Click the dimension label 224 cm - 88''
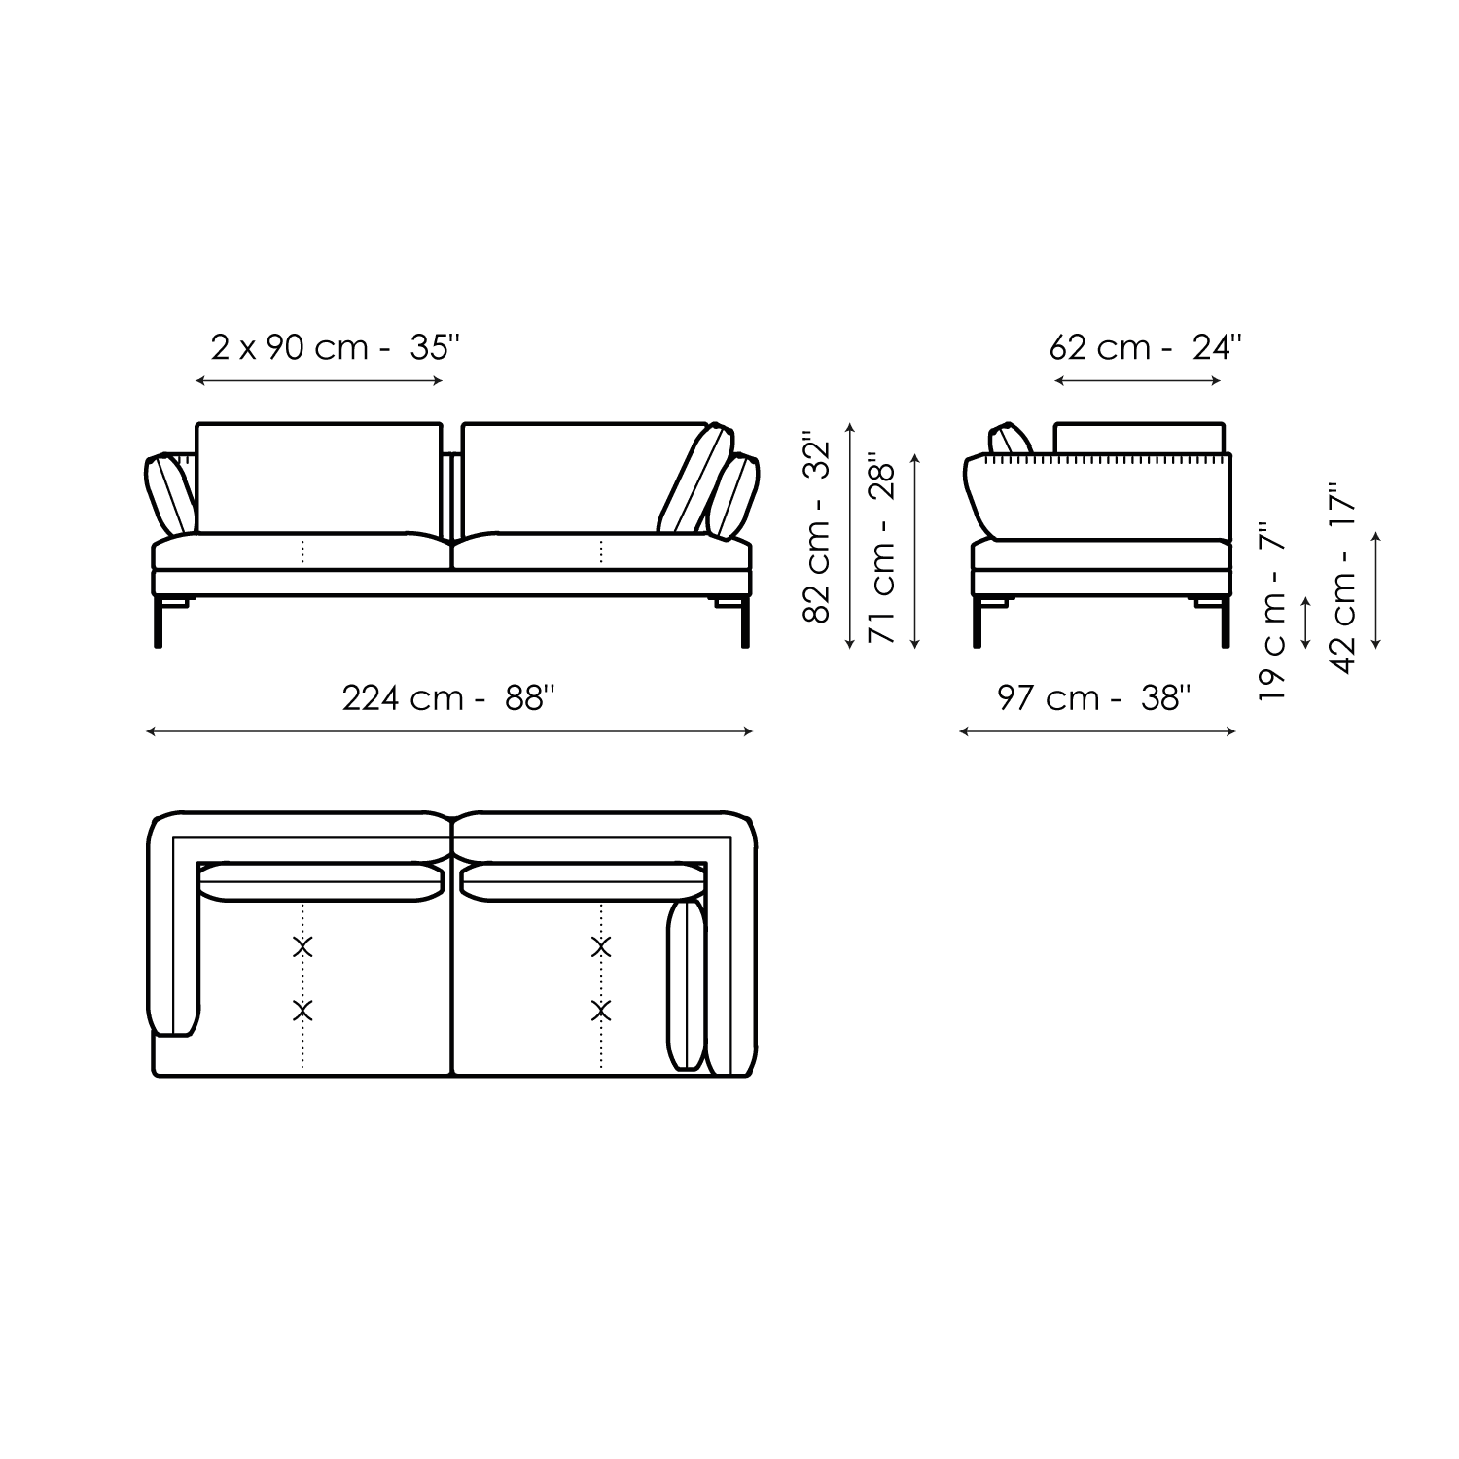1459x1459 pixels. click(x=449, y=697)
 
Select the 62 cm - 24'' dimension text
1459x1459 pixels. click(x=1146, y=347)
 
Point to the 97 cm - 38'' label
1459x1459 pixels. click(x=1094, y=697)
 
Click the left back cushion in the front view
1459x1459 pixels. click(x=319, y=478)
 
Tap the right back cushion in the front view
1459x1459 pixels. click(x=585, y=478)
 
